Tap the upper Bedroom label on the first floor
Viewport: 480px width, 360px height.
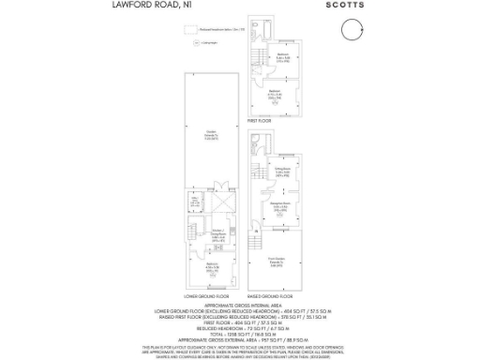coord(283,57)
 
